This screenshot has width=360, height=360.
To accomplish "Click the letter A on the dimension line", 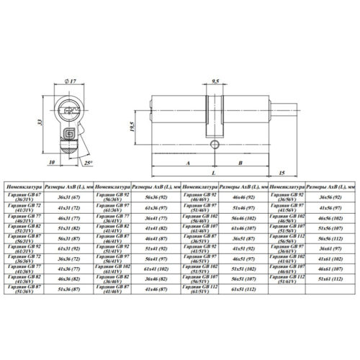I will (186, 163).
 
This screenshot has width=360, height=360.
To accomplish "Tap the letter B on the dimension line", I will (240, 163).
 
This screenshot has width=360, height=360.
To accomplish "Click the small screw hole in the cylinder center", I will (214, 146).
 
